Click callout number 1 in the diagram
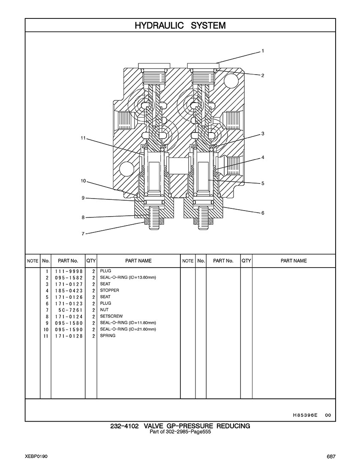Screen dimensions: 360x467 tap(263, 51)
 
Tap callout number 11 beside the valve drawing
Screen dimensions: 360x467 tap(83, 138)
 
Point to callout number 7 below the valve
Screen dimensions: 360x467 tap(83, 234)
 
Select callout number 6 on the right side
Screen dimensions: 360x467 tap(263, 213)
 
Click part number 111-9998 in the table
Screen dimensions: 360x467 tap(69, 271)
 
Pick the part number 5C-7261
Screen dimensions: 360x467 tap(71, 310)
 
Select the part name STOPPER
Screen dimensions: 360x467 tap(110, 290)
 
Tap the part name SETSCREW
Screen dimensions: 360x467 tap(111, 316)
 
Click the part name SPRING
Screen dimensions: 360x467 tap(108, 336)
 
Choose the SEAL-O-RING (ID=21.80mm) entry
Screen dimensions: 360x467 tap(128, 329)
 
